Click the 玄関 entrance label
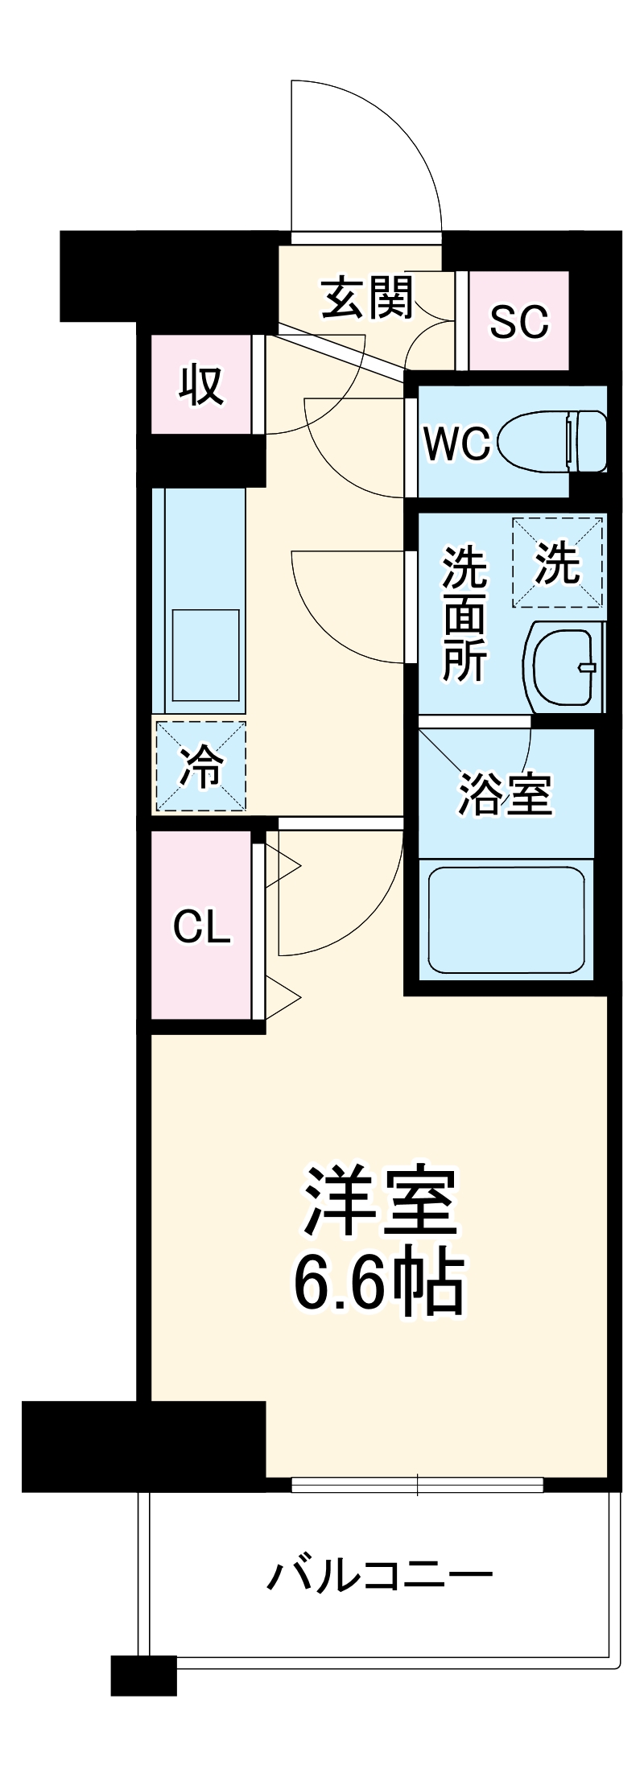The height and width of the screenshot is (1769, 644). pos(367,299)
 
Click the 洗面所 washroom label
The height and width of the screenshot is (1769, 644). pos(464,614)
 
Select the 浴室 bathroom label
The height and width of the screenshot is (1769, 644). pos(505,794)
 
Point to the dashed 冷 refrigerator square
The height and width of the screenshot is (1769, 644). pos(200,765)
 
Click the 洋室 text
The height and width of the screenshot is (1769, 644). pos(379,1202)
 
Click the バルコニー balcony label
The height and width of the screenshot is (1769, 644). pos(379,1573)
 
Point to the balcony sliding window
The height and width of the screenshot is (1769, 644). pos(417,1484)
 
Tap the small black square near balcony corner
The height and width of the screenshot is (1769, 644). pos(143,1675)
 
